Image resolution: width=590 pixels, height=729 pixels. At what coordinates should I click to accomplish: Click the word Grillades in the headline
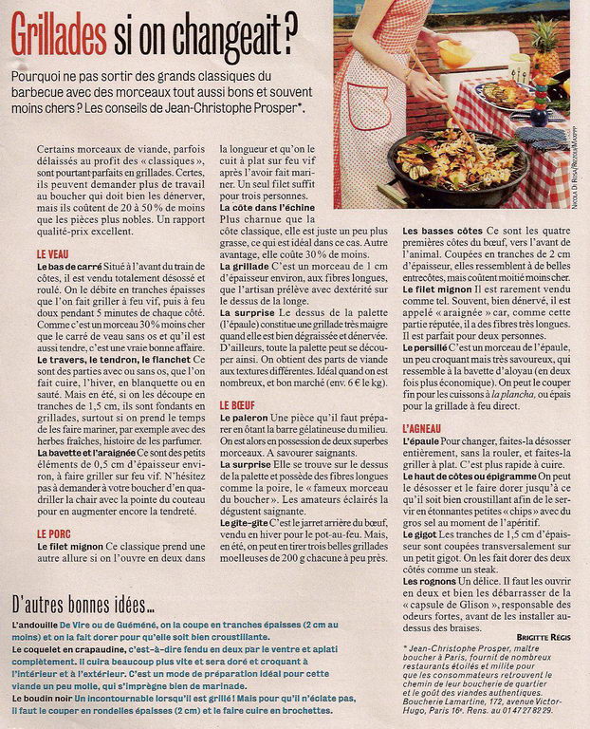59,38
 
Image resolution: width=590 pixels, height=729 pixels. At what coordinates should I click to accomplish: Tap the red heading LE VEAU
56,255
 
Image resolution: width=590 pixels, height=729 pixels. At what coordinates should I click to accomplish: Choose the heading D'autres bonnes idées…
83,605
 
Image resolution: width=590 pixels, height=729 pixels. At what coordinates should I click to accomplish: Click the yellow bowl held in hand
454,52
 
